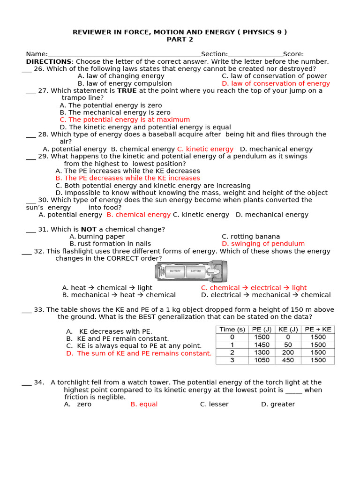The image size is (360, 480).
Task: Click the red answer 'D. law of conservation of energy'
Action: click(276, 83)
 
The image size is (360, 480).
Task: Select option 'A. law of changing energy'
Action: click(121, 76)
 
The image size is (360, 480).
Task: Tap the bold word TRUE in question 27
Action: click(127, 91)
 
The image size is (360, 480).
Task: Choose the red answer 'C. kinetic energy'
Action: click(205, 149)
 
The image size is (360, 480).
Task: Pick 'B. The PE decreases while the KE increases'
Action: click(127, 178)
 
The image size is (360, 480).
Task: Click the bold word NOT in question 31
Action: click(89, 229)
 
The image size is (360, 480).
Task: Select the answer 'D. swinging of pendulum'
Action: click(263, 244)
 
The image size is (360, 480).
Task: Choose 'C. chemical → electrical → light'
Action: click(254, 288)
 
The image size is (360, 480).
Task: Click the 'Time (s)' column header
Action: click(232, 329)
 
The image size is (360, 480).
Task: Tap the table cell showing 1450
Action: click(262, 345)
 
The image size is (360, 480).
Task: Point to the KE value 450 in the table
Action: click(288, 360)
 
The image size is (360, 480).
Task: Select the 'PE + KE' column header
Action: click(318, 329)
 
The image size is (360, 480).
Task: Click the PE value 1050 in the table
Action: click(262, 360)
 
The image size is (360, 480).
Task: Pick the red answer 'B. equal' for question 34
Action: click(144, 404)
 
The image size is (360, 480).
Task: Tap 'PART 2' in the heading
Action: click(180, 39)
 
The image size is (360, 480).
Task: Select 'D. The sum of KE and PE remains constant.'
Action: click(139, 353)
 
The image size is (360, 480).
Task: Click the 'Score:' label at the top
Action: click(293, 54)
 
